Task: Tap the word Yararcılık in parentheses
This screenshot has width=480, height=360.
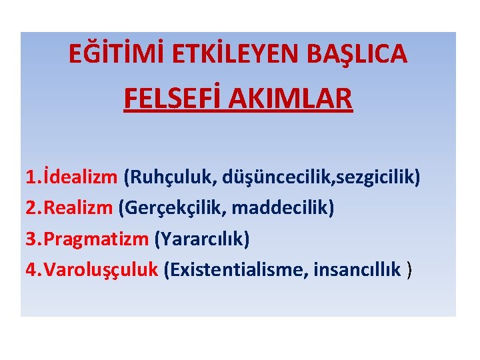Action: click(211, 239)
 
